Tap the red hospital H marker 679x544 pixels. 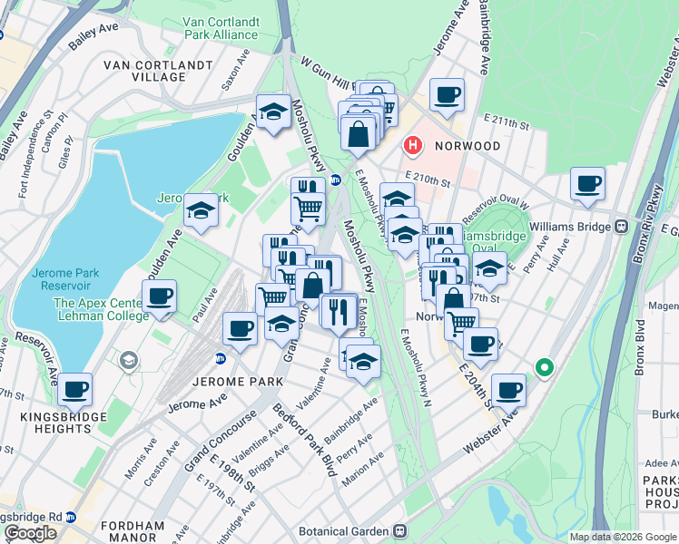413,145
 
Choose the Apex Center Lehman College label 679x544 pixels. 101,309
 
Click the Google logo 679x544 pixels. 30,533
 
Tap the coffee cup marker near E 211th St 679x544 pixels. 447,94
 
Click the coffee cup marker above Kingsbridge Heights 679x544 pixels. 75,390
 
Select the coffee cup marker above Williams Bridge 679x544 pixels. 587,184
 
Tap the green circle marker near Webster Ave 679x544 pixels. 544,368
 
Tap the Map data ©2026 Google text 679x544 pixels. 622,537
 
